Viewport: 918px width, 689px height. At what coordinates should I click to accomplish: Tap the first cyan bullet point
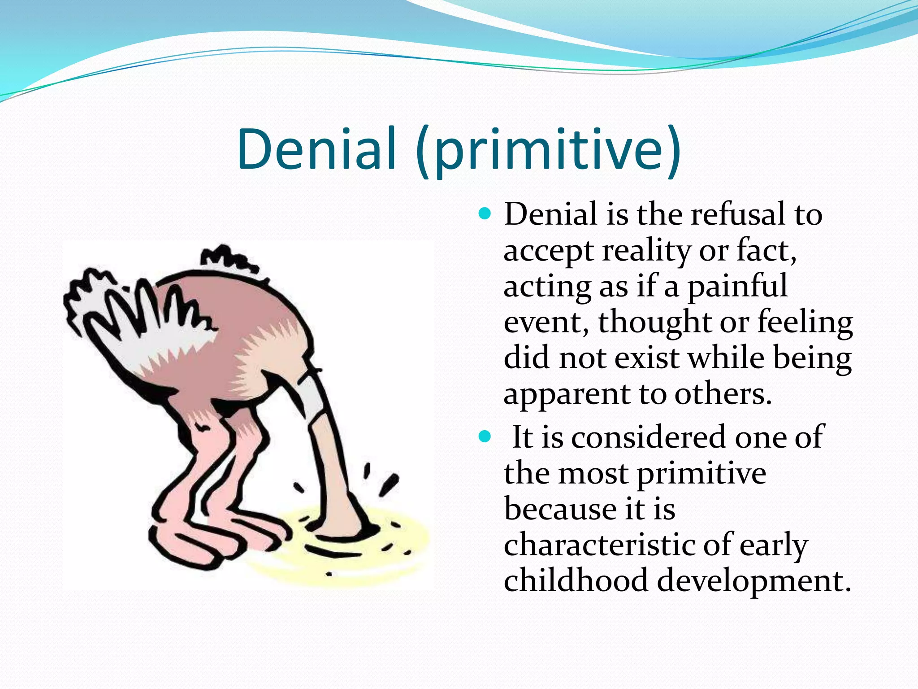coord(485,213)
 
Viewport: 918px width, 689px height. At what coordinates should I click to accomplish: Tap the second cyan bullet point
coord(485,436)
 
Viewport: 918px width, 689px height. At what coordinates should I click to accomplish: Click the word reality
coord(646,251)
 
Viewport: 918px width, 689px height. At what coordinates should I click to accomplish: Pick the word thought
coord(655,323)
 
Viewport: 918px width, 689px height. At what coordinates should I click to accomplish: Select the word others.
coord(723,394)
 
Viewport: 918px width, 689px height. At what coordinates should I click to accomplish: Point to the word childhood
coord(576,581)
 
